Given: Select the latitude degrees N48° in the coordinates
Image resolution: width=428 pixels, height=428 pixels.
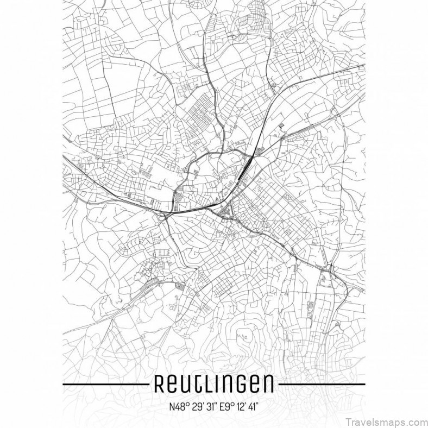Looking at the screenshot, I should click(178, 406).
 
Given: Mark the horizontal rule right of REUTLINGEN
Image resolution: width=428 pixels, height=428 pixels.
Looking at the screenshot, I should click(320, 384).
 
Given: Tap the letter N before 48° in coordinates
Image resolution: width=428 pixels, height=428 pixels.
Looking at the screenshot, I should click(171, 406).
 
